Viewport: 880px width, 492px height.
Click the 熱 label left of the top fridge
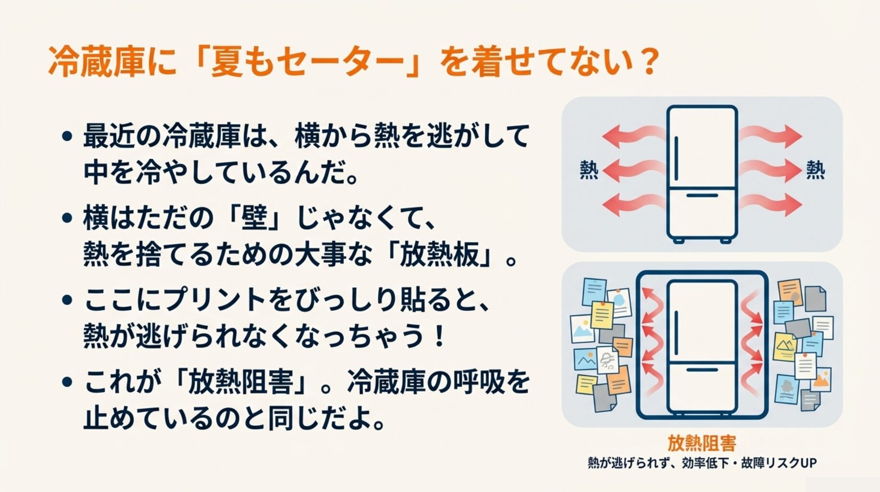589,170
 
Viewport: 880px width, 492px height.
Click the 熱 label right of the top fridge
815,170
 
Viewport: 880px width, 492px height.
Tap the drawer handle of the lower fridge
702,370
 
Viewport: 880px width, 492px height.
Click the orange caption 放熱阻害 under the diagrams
702,443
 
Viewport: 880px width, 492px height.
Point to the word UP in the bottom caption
808,463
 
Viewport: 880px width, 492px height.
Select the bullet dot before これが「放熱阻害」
68,382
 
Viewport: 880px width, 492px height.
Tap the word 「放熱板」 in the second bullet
440,255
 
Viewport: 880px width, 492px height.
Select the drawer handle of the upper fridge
702,196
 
